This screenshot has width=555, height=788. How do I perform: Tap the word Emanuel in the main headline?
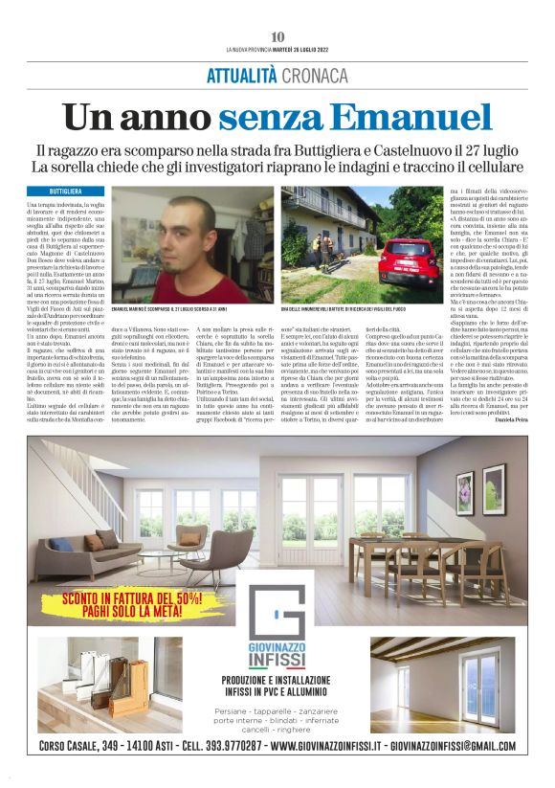coord(410,118)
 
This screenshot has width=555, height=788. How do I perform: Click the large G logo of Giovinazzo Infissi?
coord(277,617)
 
